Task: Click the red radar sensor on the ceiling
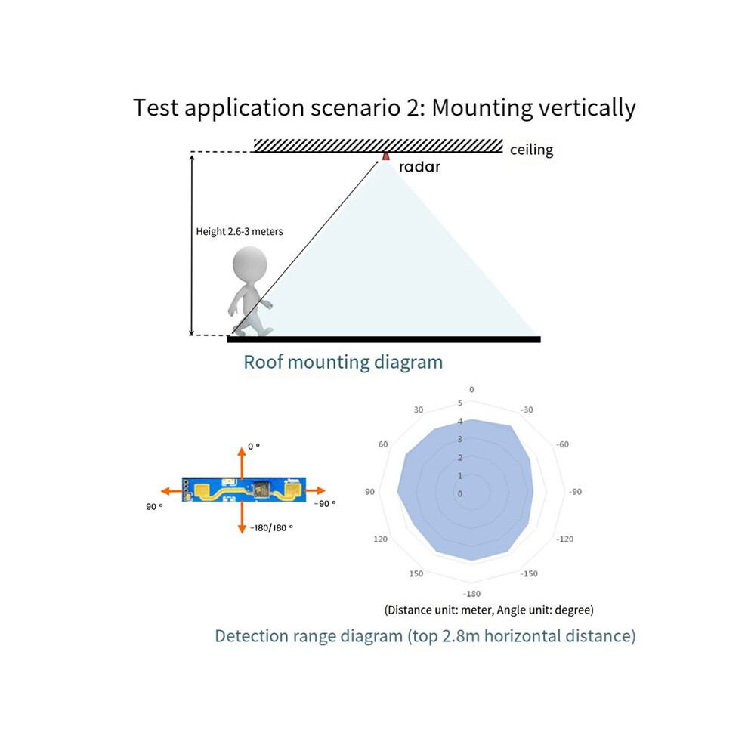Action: pyautogui.click(x=385, y=156)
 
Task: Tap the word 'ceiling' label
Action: pyautogui.click(x=531, y=150)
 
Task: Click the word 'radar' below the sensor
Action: pyautogui.click(x=419, y=166)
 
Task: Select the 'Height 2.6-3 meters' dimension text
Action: pyautogui.click(x=239, y=231)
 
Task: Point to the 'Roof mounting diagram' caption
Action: pyautogui.click(x=343, y=362)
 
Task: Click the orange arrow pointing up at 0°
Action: pyautogui.click(x=242, y=462)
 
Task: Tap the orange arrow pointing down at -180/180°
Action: pyautogui.click(x=242, y=518)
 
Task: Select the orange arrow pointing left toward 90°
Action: pyautogui.click(x=172, y=491)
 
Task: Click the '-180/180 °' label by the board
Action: pyautogui.click(x=271, y=527)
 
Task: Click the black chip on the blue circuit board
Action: pyautogui.click(x=261, y=489)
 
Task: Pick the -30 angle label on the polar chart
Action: pyautogui.click(x=526, y=410)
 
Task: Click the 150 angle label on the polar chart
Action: pyautogui.click(x=416, y=573)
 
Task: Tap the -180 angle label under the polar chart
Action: pyautogui.click(x=471, y=594)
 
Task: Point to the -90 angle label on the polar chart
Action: pyautogui.click(x=575, y=492)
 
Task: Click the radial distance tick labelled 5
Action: pyautogui.click(x=460, y=403)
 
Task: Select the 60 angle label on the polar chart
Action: pyautogui.click(x=383, y=444)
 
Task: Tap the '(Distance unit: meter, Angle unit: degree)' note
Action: pyautogui.click(x=489, y=610)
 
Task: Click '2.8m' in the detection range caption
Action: pyautogui.click(x=460, y=636)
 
